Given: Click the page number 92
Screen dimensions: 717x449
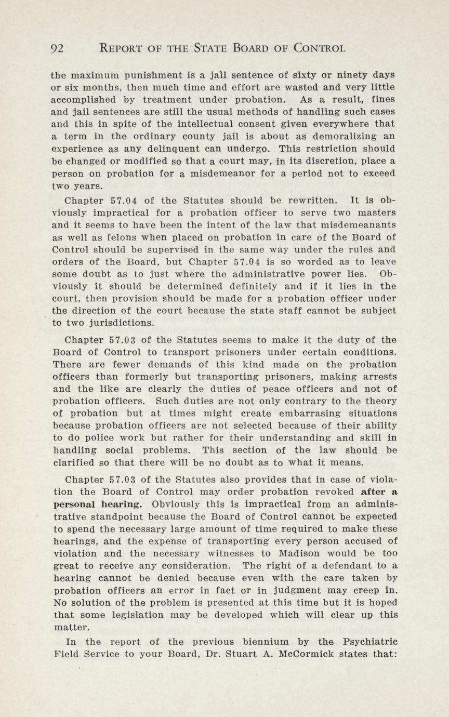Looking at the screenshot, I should [57, 49].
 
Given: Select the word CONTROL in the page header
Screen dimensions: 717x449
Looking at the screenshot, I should [319, 49].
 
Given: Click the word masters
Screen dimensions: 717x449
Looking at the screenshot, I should [377, 213].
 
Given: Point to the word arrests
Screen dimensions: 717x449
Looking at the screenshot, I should [377, 376].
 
